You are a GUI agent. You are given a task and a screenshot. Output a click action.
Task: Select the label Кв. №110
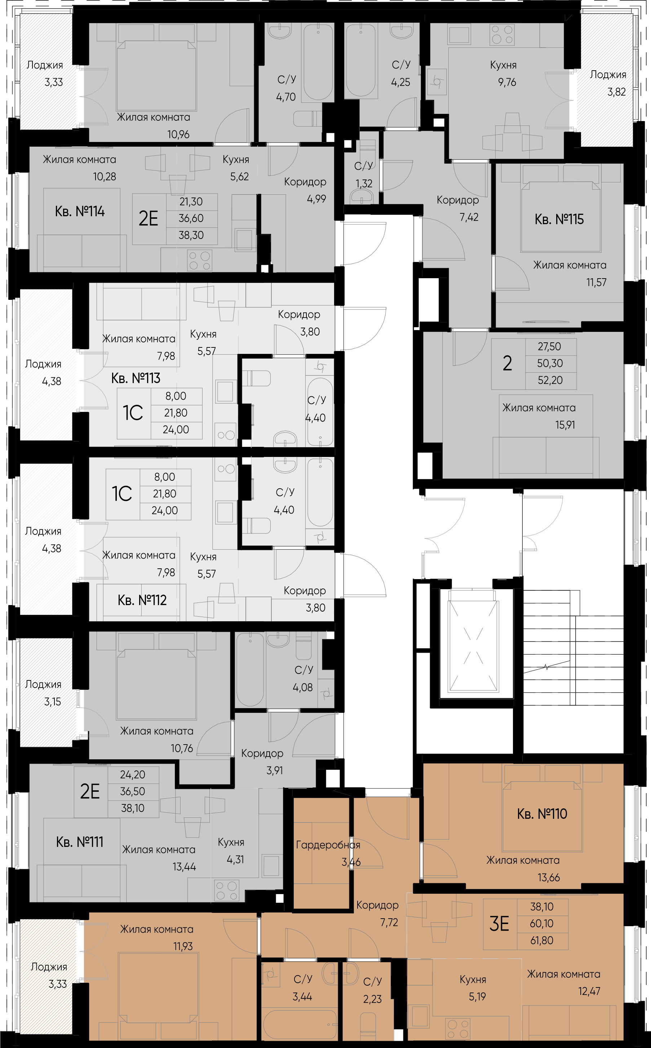pos(542,814)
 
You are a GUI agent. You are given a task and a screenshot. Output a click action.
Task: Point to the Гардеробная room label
pos(328,845)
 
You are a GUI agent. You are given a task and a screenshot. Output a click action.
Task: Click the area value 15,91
pos(565,425)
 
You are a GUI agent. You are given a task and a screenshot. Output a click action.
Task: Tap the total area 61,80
pos(542,940)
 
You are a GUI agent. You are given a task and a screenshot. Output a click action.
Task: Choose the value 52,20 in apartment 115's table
pos(550,380)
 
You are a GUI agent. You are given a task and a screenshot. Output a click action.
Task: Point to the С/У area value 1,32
pos(364,184)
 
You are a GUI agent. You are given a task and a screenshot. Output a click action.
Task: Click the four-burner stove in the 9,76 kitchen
pos(502,35)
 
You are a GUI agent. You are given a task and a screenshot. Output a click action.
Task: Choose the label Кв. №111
pos(80,842)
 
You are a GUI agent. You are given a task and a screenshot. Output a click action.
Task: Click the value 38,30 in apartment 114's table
pos(191,235)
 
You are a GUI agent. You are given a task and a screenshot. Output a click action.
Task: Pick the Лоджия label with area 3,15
pos(43,685)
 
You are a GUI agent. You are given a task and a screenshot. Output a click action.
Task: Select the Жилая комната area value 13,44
pos(184,867)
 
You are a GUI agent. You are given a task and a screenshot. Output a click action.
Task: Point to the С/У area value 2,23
pos(372,999)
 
